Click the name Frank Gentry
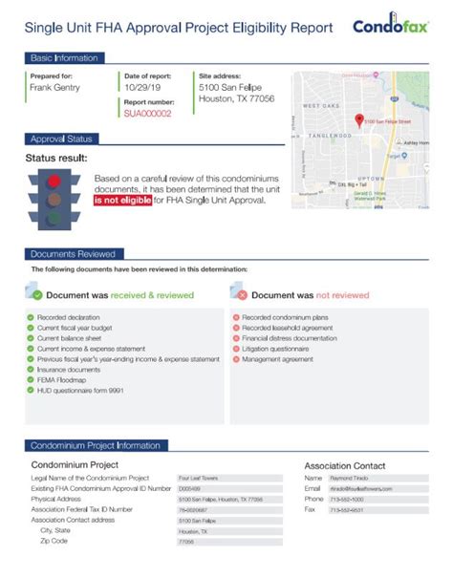(54, 87)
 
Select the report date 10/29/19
(140, 87)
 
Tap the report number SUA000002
(147, 113)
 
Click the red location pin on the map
(359, 120)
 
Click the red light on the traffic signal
(54, 180)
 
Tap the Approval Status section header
(61, 139)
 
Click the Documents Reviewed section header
(73, 254)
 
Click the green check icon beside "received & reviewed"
(37, 295)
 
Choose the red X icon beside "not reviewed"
(242, 295)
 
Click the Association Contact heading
(350, 464)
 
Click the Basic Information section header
(63, 58)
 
